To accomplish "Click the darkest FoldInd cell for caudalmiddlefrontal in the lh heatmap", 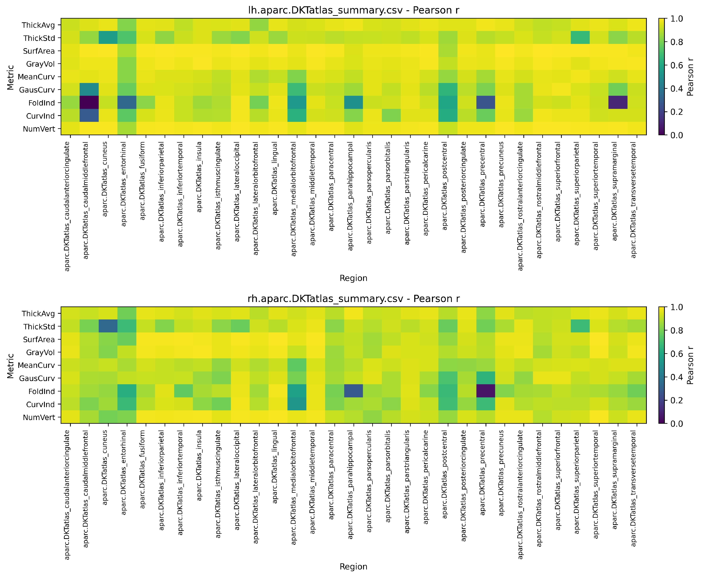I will point(89,103).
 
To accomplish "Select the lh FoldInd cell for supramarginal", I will point(618,103).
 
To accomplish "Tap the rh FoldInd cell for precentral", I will point(486,391).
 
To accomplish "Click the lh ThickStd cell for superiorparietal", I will point(580,38).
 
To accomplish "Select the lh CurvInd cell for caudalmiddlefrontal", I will point(89,116).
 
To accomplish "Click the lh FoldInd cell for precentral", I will point(486,103).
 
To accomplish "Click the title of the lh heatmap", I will point(354,10).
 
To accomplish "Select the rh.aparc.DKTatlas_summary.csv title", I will point(354,299).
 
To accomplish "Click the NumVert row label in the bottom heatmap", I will point(39,418).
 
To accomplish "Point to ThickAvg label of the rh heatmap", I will point(38,314).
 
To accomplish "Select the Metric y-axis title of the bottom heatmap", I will point(11,366).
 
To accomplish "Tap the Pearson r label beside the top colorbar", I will point(690,77).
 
